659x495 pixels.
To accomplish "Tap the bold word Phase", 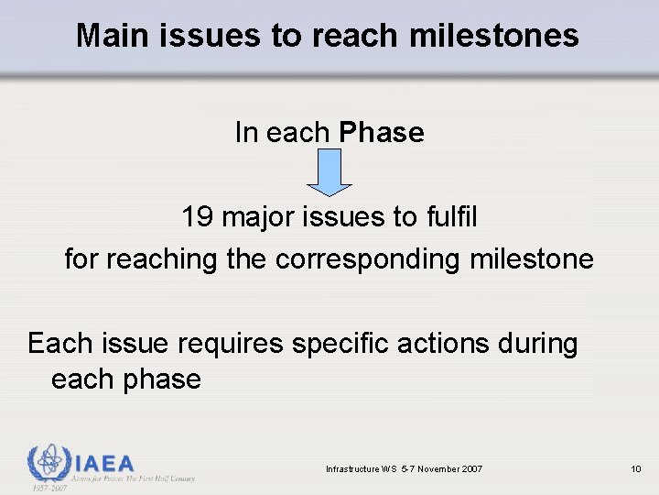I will [x=381, y=133].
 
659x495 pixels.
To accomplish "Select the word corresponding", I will [x=367, y=259].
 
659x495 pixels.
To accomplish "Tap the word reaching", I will [x=161, y=259].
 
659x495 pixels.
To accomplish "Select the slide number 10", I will [x=635, y=469].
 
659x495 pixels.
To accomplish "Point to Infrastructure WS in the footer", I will [x=357, y=469].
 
